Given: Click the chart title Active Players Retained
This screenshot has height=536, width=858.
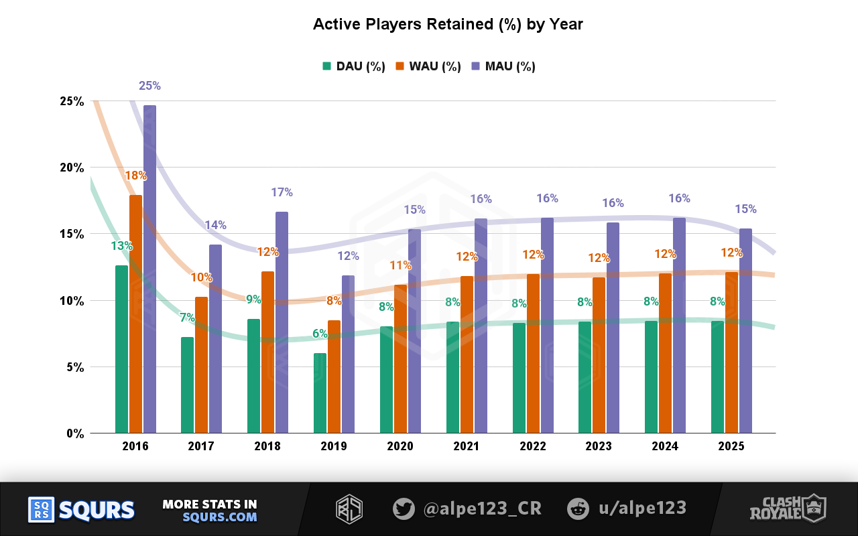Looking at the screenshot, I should (x=448, y=25).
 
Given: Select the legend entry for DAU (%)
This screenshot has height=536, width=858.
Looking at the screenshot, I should (x=353, y=66).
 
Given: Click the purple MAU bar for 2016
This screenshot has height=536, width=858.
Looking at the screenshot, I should (x=149, y=268).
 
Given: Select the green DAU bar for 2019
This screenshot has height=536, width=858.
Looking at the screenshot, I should (x=320, y=393).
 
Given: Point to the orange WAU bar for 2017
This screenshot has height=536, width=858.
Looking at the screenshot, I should (x=201, y=364).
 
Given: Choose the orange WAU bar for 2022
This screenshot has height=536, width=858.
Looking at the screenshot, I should (x=533, y=353).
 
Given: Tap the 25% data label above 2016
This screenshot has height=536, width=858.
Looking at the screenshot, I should (x=149, y=86).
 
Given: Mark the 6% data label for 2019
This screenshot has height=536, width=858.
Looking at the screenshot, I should (x=320, y=334).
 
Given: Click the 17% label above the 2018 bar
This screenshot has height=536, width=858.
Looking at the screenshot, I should (x=282, y=192).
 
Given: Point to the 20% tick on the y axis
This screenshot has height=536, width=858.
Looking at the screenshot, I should (x=71, y=167).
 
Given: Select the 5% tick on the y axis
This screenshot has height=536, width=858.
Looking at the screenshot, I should (x=74, y=367).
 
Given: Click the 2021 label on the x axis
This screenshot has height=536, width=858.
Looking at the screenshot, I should (x=466, y=446).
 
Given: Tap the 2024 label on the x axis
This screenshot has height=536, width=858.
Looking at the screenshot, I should (x=665, y=446).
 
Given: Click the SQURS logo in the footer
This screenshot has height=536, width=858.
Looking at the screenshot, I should (x=81, y=510).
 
